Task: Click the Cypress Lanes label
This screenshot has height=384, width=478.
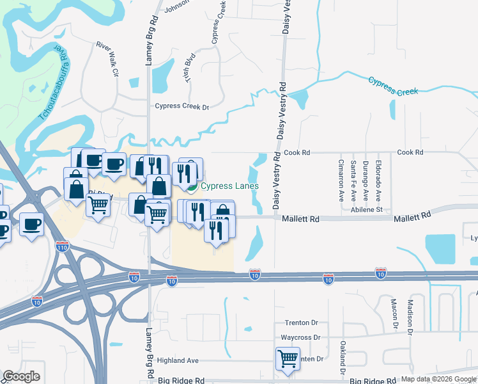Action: pyautogui.click(x=229, y=186)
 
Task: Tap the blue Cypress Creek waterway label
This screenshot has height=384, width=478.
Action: pyautogui.click(x=393, y=86)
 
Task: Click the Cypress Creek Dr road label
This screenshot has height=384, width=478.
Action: pyautogui.click(x=182, y=107)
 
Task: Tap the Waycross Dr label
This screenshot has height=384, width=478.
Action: pyautogui.click(x=300, y=337)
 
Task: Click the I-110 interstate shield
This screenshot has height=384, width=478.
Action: pyautogui.click(x=62, y=246)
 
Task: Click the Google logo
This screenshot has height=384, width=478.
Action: pyautogui.click(x=21, y=376)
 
